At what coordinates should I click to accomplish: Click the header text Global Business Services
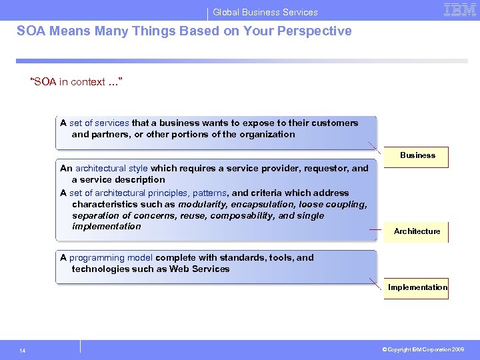tap(265, 12)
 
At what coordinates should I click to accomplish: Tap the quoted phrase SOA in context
tap(76, 82)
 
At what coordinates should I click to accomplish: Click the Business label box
tap(417, 156)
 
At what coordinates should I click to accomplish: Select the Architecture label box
tap(417, 231)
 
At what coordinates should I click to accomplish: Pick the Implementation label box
tap(417, 288)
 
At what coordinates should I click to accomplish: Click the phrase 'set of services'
tap(99, 123)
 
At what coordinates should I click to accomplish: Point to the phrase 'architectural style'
tap(111, 168)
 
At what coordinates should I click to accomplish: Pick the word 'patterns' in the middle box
tap(210, 193)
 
